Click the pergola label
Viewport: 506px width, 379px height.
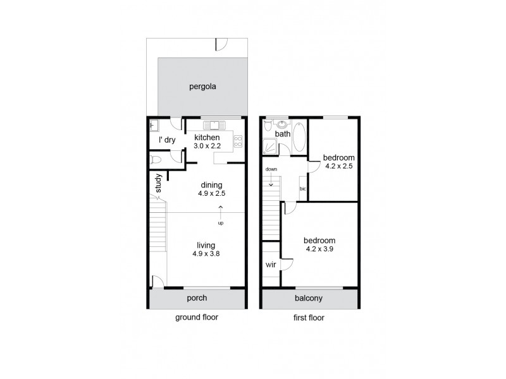(x=202, y=87)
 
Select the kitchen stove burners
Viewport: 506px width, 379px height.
(x=238, y=141)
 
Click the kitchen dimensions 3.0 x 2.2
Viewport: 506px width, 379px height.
(x=207, y=146)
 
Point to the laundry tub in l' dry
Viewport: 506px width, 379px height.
(x=154, y=125)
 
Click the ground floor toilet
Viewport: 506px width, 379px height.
(x=156, y=160)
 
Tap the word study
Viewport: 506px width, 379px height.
(x=159, y=183)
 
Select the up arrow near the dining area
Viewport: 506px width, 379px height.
(x=221, y=212)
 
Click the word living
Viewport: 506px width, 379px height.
(x=206, y=245)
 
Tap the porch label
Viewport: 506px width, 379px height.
(x=197, y=298)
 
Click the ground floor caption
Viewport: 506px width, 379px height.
(x=197, y=318)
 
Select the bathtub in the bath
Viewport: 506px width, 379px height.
(x=299, y=136)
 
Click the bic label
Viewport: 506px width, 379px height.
(x=303, y=189)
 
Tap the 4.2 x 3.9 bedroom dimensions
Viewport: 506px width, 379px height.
(x=319, y=250)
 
